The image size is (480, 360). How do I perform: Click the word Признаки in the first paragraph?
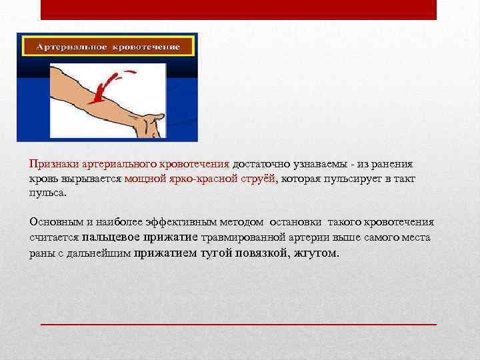(x=51, y=164)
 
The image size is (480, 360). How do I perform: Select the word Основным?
(x=53, y=222)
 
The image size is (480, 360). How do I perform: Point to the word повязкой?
(x=263, y=253)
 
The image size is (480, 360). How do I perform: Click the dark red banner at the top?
(x=238, y=9)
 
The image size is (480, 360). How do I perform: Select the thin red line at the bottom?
(x=238, y=323)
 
